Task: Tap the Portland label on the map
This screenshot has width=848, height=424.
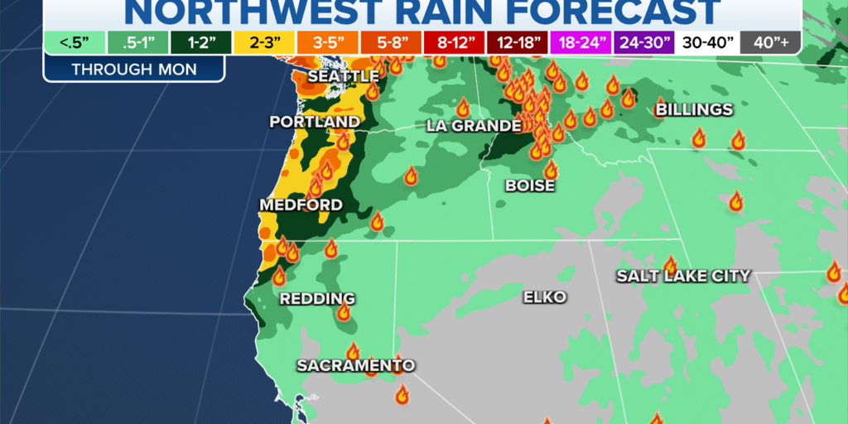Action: (315, 123)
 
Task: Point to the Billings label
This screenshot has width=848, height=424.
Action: (694, 110)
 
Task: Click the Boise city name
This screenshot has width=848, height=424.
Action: (530, 186)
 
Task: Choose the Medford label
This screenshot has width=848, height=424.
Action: (301, 205)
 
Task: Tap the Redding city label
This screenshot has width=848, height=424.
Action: (317, 299)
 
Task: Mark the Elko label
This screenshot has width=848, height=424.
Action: (545, 296)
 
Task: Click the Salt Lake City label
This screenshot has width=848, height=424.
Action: (683, 277)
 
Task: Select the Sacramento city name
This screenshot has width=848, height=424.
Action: (356, 365)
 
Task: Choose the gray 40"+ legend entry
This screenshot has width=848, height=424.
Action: (769, 42)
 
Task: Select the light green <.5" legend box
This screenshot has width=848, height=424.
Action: (75, 42)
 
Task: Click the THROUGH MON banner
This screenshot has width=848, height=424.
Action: (134, 69)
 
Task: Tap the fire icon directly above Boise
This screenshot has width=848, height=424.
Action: (551, 169)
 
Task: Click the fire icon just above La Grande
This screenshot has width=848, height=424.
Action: (464, 108)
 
